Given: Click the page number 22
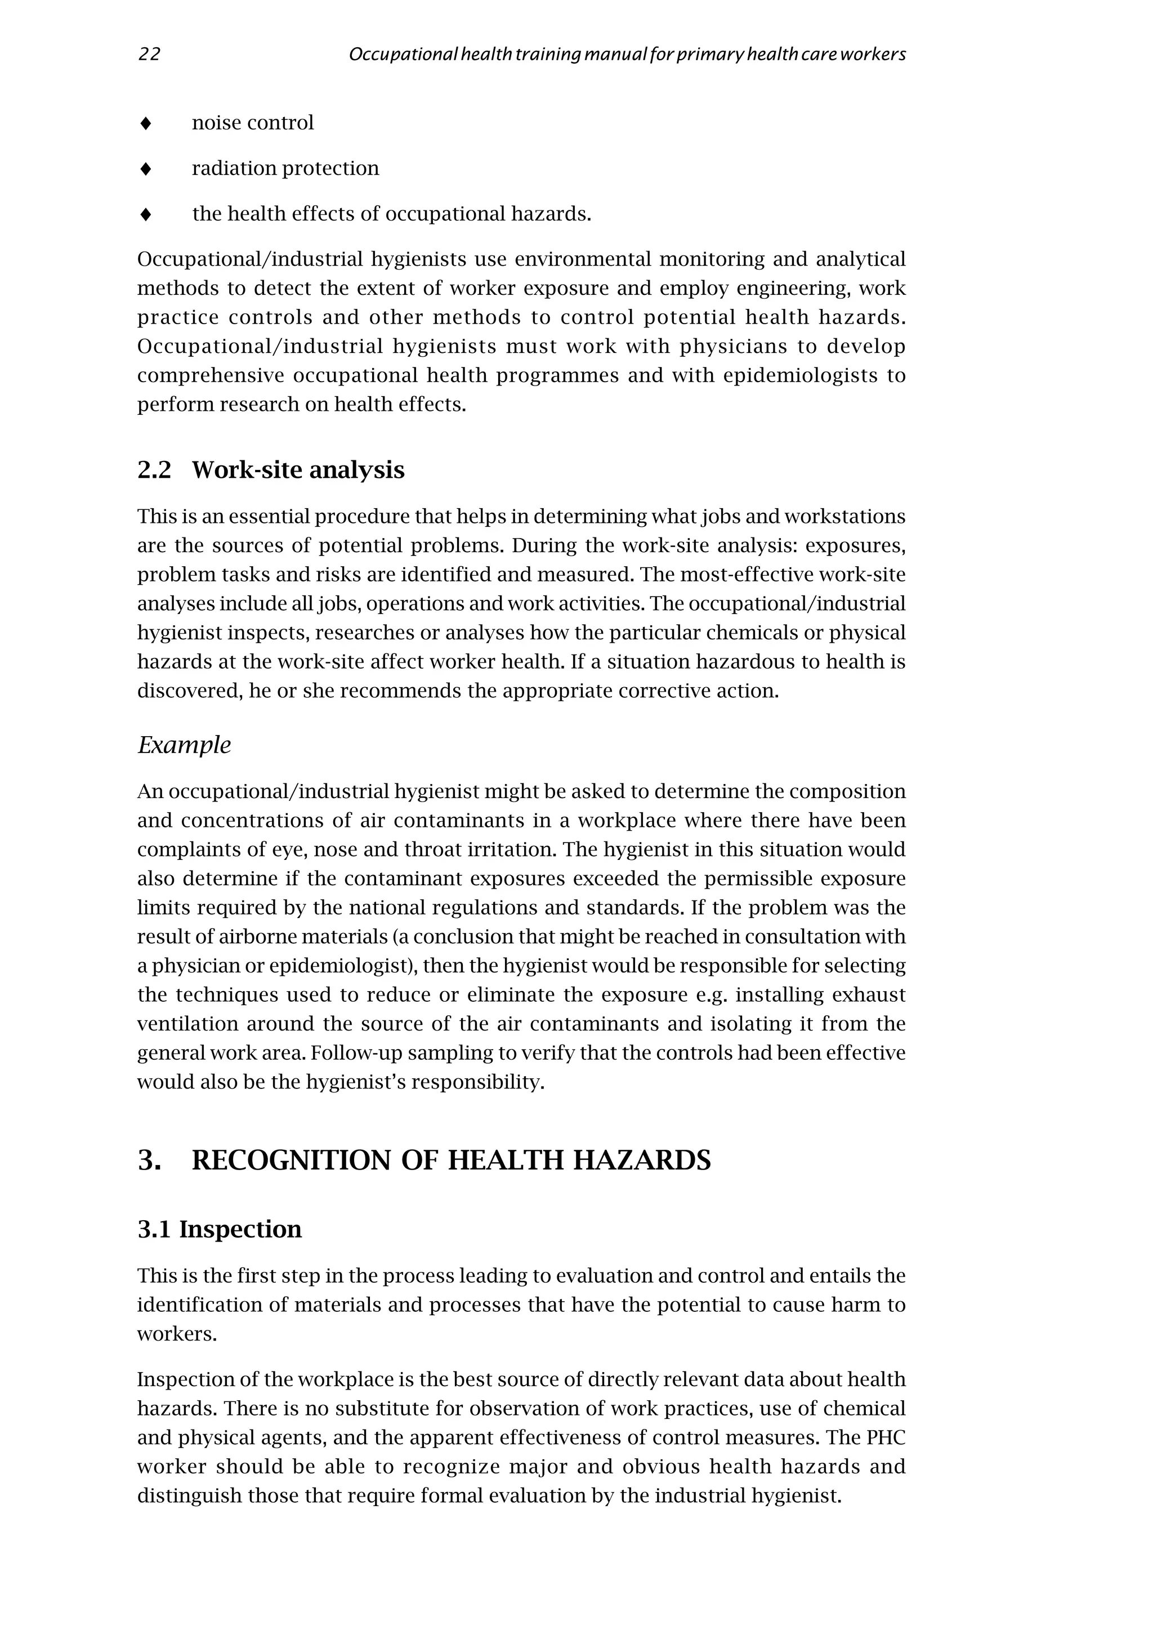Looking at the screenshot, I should pyautogui.click(x=149, y=55).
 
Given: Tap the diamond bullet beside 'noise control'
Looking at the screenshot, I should pyautogui.click(x=146, y=124).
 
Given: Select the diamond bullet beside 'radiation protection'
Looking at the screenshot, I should pyautogui.click(x=146, y=169).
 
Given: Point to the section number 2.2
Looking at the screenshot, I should pyautogui.click(x=154, y=471).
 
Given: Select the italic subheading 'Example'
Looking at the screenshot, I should pyautogui.click(x=184, y=745).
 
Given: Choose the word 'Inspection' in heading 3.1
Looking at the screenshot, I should pyautogui.click(x=240, y=1230).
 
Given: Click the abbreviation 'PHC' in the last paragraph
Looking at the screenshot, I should pyautogui.click(x=886, y=1438).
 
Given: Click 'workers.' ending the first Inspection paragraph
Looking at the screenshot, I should pyautogui.click(x=177, y=1335).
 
